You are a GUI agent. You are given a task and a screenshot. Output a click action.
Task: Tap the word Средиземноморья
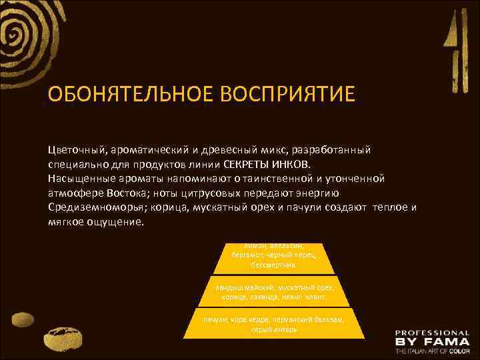pyautogui.click(x=95, y=207)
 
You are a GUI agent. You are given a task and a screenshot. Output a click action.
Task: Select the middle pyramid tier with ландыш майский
pyautogui.click(x=275, y=291)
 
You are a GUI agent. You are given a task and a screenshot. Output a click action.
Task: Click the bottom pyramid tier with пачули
pyautogui.click(x=275, y=324)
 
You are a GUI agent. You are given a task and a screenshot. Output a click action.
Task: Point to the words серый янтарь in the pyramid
pyautogui.click(x=275, y=329)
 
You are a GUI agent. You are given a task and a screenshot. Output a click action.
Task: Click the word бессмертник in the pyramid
pyautogui.click(x=275, y=264)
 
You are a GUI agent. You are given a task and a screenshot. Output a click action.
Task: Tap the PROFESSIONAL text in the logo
pyautogui.click(x=431, y=332)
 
